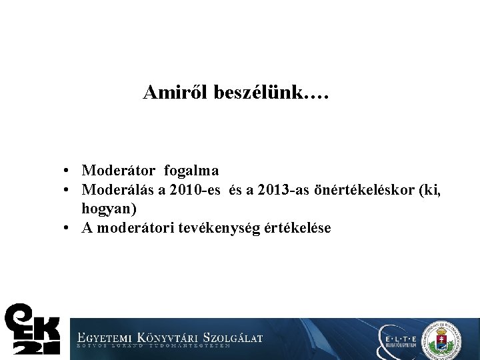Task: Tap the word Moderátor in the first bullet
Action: pyautogui.click(x=119, y=171)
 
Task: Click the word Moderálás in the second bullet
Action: pyautogui.click(x=117, y=190)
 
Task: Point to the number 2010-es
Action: pyautogui.click(x=195, y=190)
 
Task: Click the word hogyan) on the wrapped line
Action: pyautogui.click(x=109, y=209)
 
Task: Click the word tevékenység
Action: pyautogui.click(x=207, y=229)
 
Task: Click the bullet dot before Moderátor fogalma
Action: pyautogui.click(x=69, y=172)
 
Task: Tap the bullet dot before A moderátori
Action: pyautogui.click(x=69, y=229)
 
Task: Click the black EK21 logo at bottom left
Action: pyautogui.click(x=32, y=329)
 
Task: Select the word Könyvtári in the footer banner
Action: pyautogui.click(x=167, y=337)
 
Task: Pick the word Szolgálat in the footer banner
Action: pyautogui.click(x=233, y=337)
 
